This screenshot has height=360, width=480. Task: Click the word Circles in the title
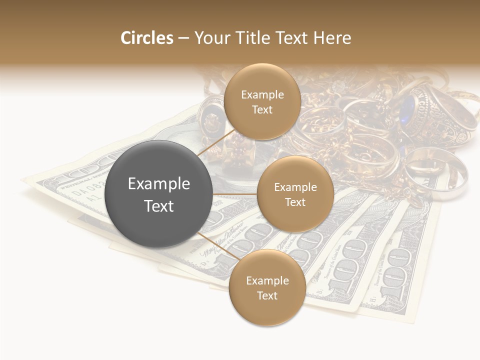point(147,38)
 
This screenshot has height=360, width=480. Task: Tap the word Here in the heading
point(332,38)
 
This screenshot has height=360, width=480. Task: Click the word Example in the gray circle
point(159,184)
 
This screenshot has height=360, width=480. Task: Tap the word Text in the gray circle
point(159,206)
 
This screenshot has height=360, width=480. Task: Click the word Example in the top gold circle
point(262,95)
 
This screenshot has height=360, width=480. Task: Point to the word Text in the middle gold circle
point(295,202)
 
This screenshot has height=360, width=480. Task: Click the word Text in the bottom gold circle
point(267,295)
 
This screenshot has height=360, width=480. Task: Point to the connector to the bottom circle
point(215,245)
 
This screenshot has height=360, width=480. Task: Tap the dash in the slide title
point(183,38)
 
